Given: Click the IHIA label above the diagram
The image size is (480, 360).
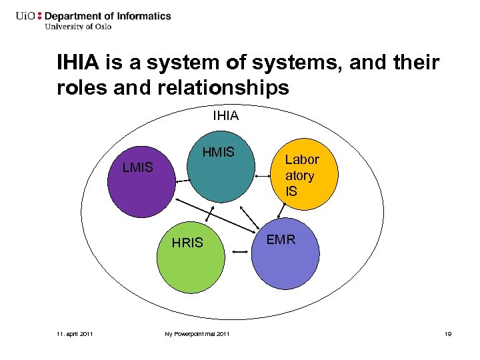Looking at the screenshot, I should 225,117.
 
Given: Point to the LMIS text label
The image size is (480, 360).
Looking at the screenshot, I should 138,167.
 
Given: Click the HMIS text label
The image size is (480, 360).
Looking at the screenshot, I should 219,153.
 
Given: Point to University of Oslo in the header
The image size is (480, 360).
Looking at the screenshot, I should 78,27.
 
